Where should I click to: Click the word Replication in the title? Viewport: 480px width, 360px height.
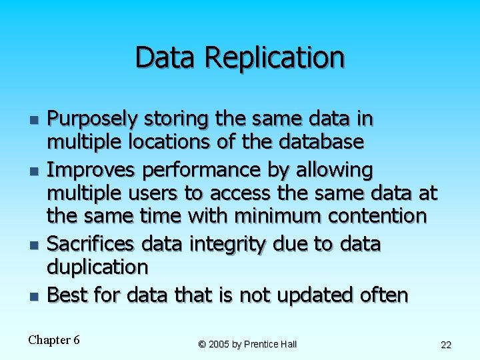275,58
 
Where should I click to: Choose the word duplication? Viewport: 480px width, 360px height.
97,267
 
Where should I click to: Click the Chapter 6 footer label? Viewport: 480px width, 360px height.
54,340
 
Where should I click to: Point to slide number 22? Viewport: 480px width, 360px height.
446,345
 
